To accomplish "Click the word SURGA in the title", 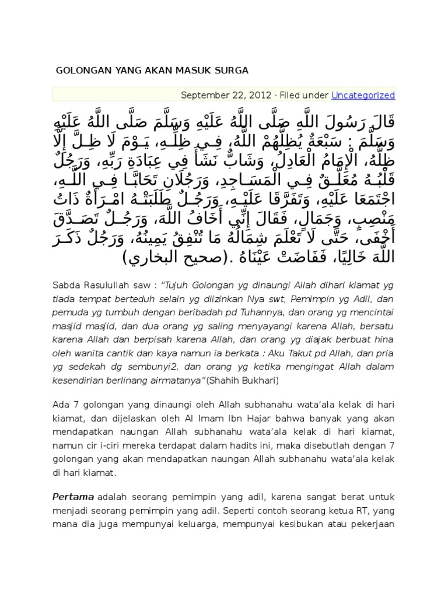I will coord(233,71).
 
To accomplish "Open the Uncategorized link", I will coord(363,95).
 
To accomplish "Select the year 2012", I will coord(260,95).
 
